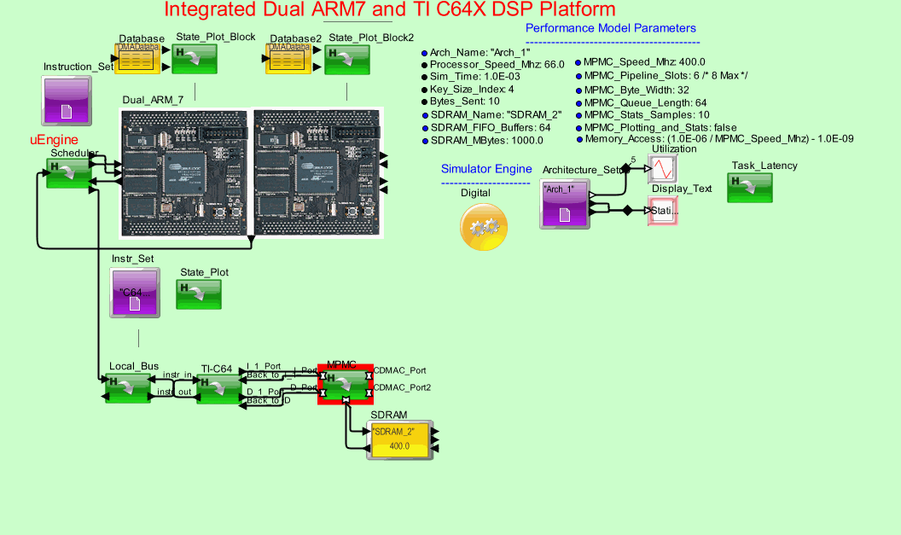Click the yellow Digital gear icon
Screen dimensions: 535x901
coord(485,227)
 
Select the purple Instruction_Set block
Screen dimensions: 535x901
coord(67,99)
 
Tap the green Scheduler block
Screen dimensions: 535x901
coord(69,173)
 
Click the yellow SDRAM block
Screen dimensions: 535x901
coord(399,440)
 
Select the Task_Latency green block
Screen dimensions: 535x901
coord(750,188)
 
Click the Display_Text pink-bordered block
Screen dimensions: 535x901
coord(662,210)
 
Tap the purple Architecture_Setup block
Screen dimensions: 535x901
coord(565,205)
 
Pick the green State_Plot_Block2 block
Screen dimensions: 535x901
coord(346,60)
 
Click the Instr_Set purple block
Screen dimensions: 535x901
coord(135,292)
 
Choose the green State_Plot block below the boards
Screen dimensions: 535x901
coord(199,294)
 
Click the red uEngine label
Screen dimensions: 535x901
coord(55,139)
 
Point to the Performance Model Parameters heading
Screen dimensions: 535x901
coord(611,29)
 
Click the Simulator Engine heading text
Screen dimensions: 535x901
coord(486,169)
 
